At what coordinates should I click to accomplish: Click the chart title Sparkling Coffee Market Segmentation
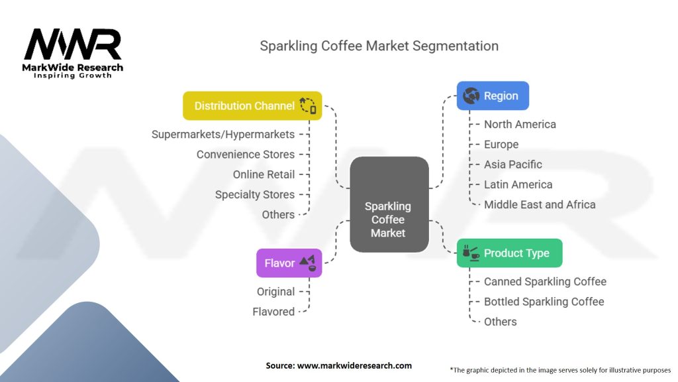coord(379,46)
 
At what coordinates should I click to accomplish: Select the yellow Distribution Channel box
coord(252,105)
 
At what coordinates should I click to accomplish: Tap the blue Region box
coord(493,95)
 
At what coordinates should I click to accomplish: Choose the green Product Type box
coord(509,253)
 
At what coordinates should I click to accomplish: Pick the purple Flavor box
coord(289,263)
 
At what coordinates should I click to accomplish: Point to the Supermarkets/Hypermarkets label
coord(223,134)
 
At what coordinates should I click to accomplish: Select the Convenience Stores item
coord(246,155)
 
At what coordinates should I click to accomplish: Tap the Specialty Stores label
coord(255,194)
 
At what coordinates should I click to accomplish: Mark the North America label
coord(520,124)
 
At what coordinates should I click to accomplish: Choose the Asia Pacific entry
coord(512,164)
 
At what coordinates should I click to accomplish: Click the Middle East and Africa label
coord(540,204)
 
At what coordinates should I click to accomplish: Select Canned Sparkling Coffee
coord(545,281)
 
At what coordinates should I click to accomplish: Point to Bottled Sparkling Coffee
coord(544,301)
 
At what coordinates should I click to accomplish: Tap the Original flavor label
coord(275,291)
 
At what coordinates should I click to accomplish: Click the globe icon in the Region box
coord(471,95)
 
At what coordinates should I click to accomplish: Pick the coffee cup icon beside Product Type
coord(471,253)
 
